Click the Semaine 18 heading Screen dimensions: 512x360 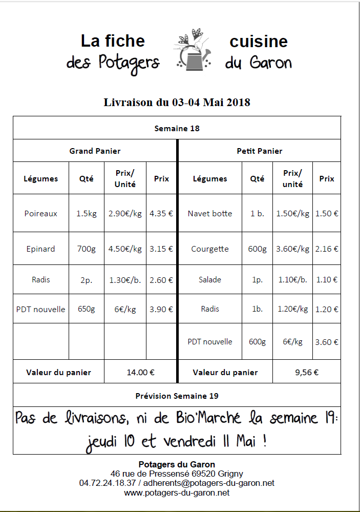tap(177, 128)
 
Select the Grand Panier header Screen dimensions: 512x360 tap(95, 151)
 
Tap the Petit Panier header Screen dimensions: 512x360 tap(259, 151)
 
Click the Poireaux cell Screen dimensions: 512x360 tap(41, 213)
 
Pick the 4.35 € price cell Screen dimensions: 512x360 tap(161, 213)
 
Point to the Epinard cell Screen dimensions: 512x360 tap(41, 249)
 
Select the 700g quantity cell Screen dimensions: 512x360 tap(87, 249)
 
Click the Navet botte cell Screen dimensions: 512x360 tap(210, 213)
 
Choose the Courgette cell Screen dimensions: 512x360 tap(210, 249)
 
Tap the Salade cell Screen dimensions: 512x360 tap(210, 279)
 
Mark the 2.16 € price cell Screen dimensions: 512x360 tap(327, 249)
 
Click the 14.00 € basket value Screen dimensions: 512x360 tap(141, 373)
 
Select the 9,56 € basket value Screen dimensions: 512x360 tap(307, 373)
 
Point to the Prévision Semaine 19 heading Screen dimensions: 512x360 tap(177, 396)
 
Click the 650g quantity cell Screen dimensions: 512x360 tap(87, 309)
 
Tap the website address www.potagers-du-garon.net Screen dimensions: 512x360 tap(177, 493)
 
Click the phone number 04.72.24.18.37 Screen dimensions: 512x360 tap(108, 483)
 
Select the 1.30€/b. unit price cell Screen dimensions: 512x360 tap(125, 279)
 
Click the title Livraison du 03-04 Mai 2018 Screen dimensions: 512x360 tap(177, 102)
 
